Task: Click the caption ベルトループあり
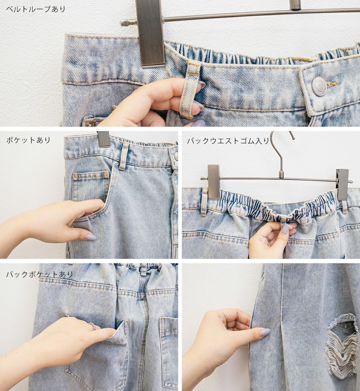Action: click(36, 9)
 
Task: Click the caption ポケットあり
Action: click(28, 140)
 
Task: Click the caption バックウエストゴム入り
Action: click(228, 141)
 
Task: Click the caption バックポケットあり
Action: click(39, 274)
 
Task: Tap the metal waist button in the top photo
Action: click(319, 86)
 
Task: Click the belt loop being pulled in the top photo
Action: click(190, 89)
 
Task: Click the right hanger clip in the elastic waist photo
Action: click(343, 184)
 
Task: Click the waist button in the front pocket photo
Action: click(176, 156)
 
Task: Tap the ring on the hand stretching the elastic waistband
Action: click(267, 239)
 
